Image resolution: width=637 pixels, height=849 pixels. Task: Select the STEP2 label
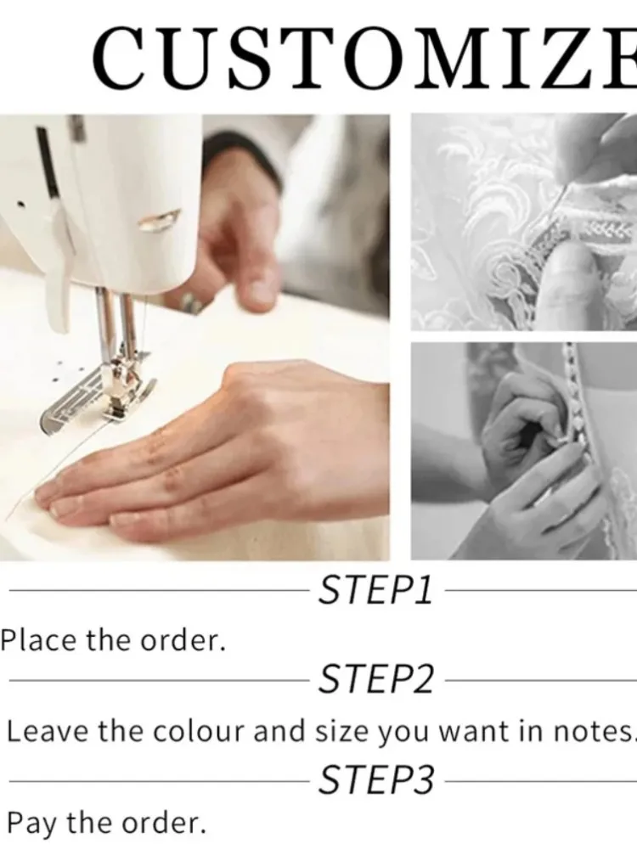click(376, 679)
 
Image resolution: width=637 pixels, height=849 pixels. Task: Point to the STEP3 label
click(376, 779)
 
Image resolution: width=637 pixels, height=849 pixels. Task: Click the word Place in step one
click(39, 639)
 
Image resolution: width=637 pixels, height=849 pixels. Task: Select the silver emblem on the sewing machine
click(159, 221)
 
